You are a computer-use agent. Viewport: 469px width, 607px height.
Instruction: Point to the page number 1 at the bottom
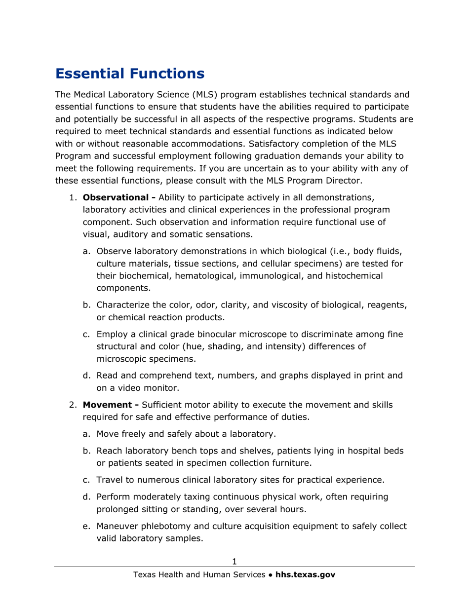(x=234, y=561)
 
